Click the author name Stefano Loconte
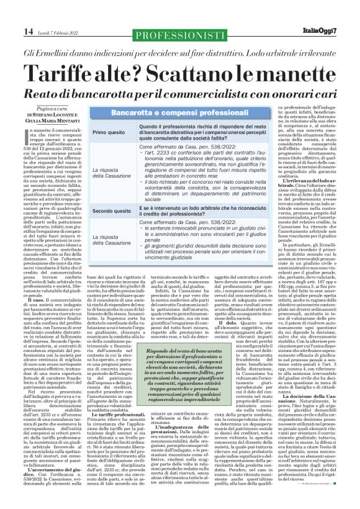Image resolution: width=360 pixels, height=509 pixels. (45, 115)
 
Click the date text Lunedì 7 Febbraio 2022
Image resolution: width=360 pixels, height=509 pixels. (60, 32)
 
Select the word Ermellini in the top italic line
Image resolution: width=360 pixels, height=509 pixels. (49, 49)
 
